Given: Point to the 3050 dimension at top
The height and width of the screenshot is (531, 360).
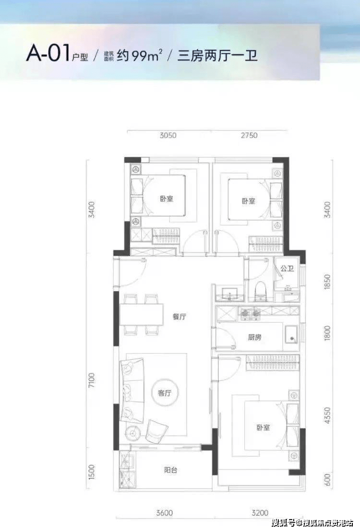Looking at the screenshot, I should [x=168, y=135].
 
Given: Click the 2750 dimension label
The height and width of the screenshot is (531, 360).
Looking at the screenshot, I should [x=248, y=135].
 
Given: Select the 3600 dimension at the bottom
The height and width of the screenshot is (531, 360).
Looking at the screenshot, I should [x=164, y=513].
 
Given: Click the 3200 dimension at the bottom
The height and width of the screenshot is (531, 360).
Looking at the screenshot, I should [x=259, y=513].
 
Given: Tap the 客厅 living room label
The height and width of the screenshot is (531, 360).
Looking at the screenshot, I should [x=165, y=393].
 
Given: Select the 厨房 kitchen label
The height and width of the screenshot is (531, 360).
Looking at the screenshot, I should [x=255, y=337].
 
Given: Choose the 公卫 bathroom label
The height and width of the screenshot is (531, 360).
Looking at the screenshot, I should [x=287, y=269].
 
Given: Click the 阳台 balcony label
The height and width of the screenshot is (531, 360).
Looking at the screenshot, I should [x=170, y=470].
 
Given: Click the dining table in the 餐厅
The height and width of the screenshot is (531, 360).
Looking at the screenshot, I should [x=142, y=315].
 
